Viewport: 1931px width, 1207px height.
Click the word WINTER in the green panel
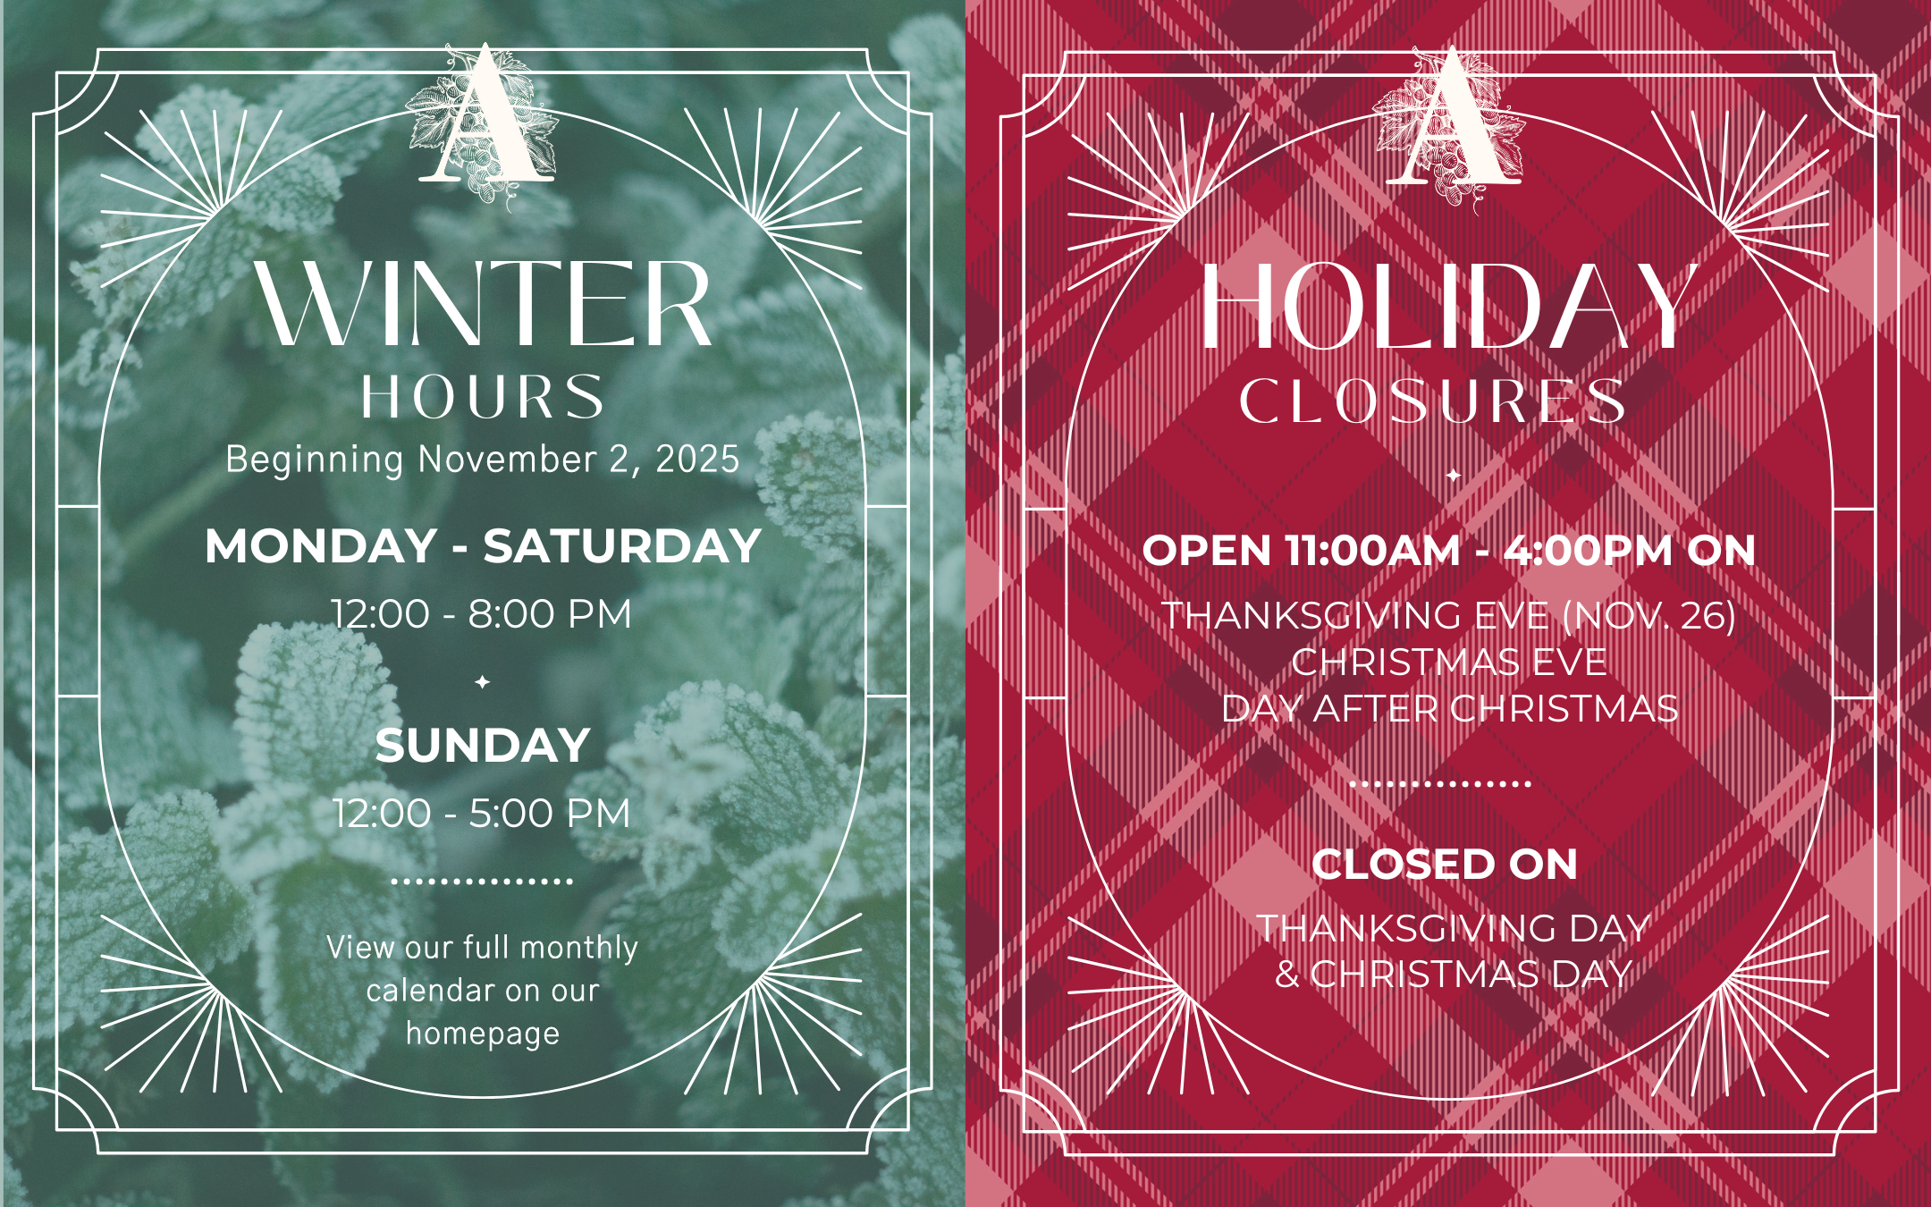coord(483,304)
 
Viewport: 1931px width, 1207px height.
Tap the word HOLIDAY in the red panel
coord(1448,307)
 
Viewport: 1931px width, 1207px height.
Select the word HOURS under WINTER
coord(483,397)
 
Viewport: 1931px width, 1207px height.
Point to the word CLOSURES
coord(1432,401)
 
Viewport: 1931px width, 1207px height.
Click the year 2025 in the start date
coord(697,460)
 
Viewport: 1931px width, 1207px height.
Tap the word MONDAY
coord(321,546)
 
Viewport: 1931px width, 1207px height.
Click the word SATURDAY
coord(622,546)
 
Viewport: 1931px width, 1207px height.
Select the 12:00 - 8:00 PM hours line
coord(482,614)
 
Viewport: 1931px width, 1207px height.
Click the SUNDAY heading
coord(483,746)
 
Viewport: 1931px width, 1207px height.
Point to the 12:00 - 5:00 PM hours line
coord(482,814)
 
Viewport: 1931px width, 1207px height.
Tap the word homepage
coord(483,1034)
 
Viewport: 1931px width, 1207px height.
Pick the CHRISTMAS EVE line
coord(1449,663)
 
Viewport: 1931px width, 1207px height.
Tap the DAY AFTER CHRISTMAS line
coord(1450,709)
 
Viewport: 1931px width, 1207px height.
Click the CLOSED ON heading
coord(1445,865)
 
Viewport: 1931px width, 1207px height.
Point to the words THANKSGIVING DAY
coord(1454,928)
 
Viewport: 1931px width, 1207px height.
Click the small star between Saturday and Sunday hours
coord(483,682)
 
